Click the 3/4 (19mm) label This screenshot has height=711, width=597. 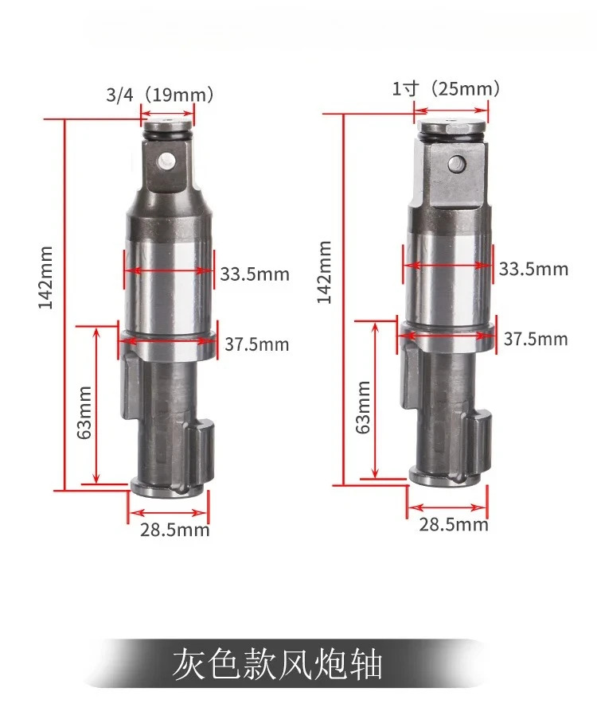click(159, 95)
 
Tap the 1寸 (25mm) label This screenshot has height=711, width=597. click(446, 88)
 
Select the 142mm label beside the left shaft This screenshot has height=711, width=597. click(45, 278)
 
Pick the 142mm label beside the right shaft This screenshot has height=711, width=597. click(324, 272)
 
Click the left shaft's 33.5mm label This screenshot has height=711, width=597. click(255, 274)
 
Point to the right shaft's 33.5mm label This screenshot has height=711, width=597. click(533, 269)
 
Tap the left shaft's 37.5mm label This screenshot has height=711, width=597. click(256, 344)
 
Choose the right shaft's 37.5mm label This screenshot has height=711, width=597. click(536, 339)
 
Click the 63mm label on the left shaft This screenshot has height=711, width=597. click(84, 412)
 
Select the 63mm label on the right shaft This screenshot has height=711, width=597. click(363, 407)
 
